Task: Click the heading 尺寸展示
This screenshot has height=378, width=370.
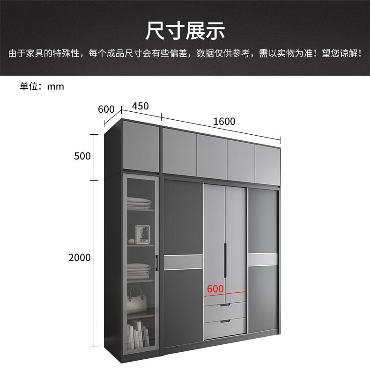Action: coord(185,30)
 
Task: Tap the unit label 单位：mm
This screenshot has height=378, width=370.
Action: coord(42,86)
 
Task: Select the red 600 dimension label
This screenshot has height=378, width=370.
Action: coord(215,289)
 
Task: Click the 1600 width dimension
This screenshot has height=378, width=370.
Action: coord(224,122)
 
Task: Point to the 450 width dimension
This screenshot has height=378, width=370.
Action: coord(140,106)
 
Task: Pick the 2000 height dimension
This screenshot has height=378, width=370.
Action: coord(79,257)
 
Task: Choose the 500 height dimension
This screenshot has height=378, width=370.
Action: coord(82,156)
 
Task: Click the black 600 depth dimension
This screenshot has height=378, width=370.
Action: coord(106,109)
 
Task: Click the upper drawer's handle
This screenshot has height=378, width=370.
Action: coord(225,305)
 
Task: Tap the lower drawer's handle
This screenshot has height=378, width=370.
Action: coord(225,321)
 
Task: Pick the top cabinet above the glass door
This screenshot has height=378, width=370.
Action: coord(141,146)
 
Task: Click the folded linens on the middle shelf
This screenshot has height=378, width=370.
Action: coord(140,270)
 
